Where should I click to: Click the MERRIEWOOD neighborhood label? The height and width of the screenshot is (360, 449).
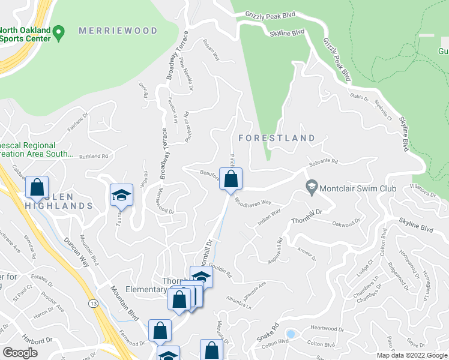118,31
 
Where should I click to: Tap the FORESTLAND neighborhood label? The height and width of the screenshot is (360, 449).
277,138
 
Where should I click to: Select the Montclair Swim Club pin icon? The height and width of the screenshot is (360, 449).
312,188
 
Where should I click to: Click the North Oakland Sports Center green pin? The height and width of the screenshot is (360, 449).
59,32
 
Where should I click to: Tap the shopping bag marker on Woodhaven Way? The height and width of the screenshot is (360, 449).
231,179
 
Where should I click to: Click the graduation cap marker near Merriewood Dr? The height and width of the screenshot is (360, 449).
121,196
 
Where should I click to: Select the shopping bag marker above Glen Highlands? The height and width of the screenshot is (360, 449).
37,187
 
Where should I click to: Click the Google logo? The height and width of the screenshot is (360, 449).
20,352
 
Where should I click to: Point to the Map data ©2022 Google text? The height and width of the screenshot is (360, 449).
411,355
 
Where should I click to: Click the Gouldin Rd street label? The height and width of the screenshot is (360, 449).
221,271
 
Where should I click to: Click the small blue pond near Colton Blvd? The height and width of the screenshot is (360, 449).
291,333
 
